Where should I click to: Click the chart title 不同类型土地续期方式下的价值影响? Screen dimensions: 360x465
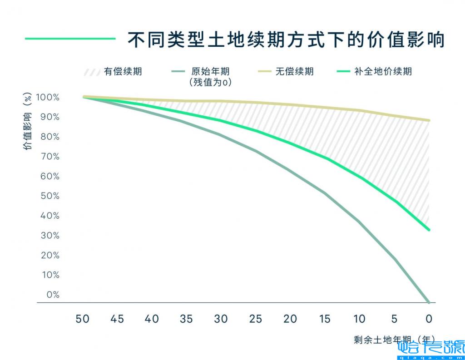(286, 40)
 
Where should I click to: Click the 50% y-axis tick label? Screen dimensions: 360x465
(49, 196)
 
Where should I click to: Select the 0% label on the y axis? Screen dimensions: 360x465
(53, 295)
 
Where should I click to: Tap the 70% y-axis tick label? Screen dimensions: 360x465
(49, 157)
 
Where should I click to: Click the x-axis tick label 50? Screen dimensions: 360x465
(83, 319)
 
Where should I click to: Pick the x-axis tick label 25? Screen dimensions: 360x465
(256, 319)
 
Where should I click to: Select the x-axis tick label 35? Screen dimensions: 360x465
(186, 319)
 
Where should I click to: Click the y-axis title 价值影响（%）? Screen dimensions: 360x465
(28, 122)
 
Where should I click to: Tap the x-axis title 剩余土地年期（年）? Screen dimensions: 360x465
(394, 340)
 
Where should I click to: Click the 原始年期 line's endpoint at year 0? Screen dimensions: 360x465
(428, 301)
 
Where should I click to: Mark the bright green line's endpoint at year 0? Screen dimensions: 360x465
(428, 230)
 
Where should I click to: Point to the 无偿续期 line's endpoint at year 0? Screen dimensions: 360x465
(428, 120)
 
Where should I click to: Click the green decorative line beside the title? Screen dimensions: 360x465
(70, 39)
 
